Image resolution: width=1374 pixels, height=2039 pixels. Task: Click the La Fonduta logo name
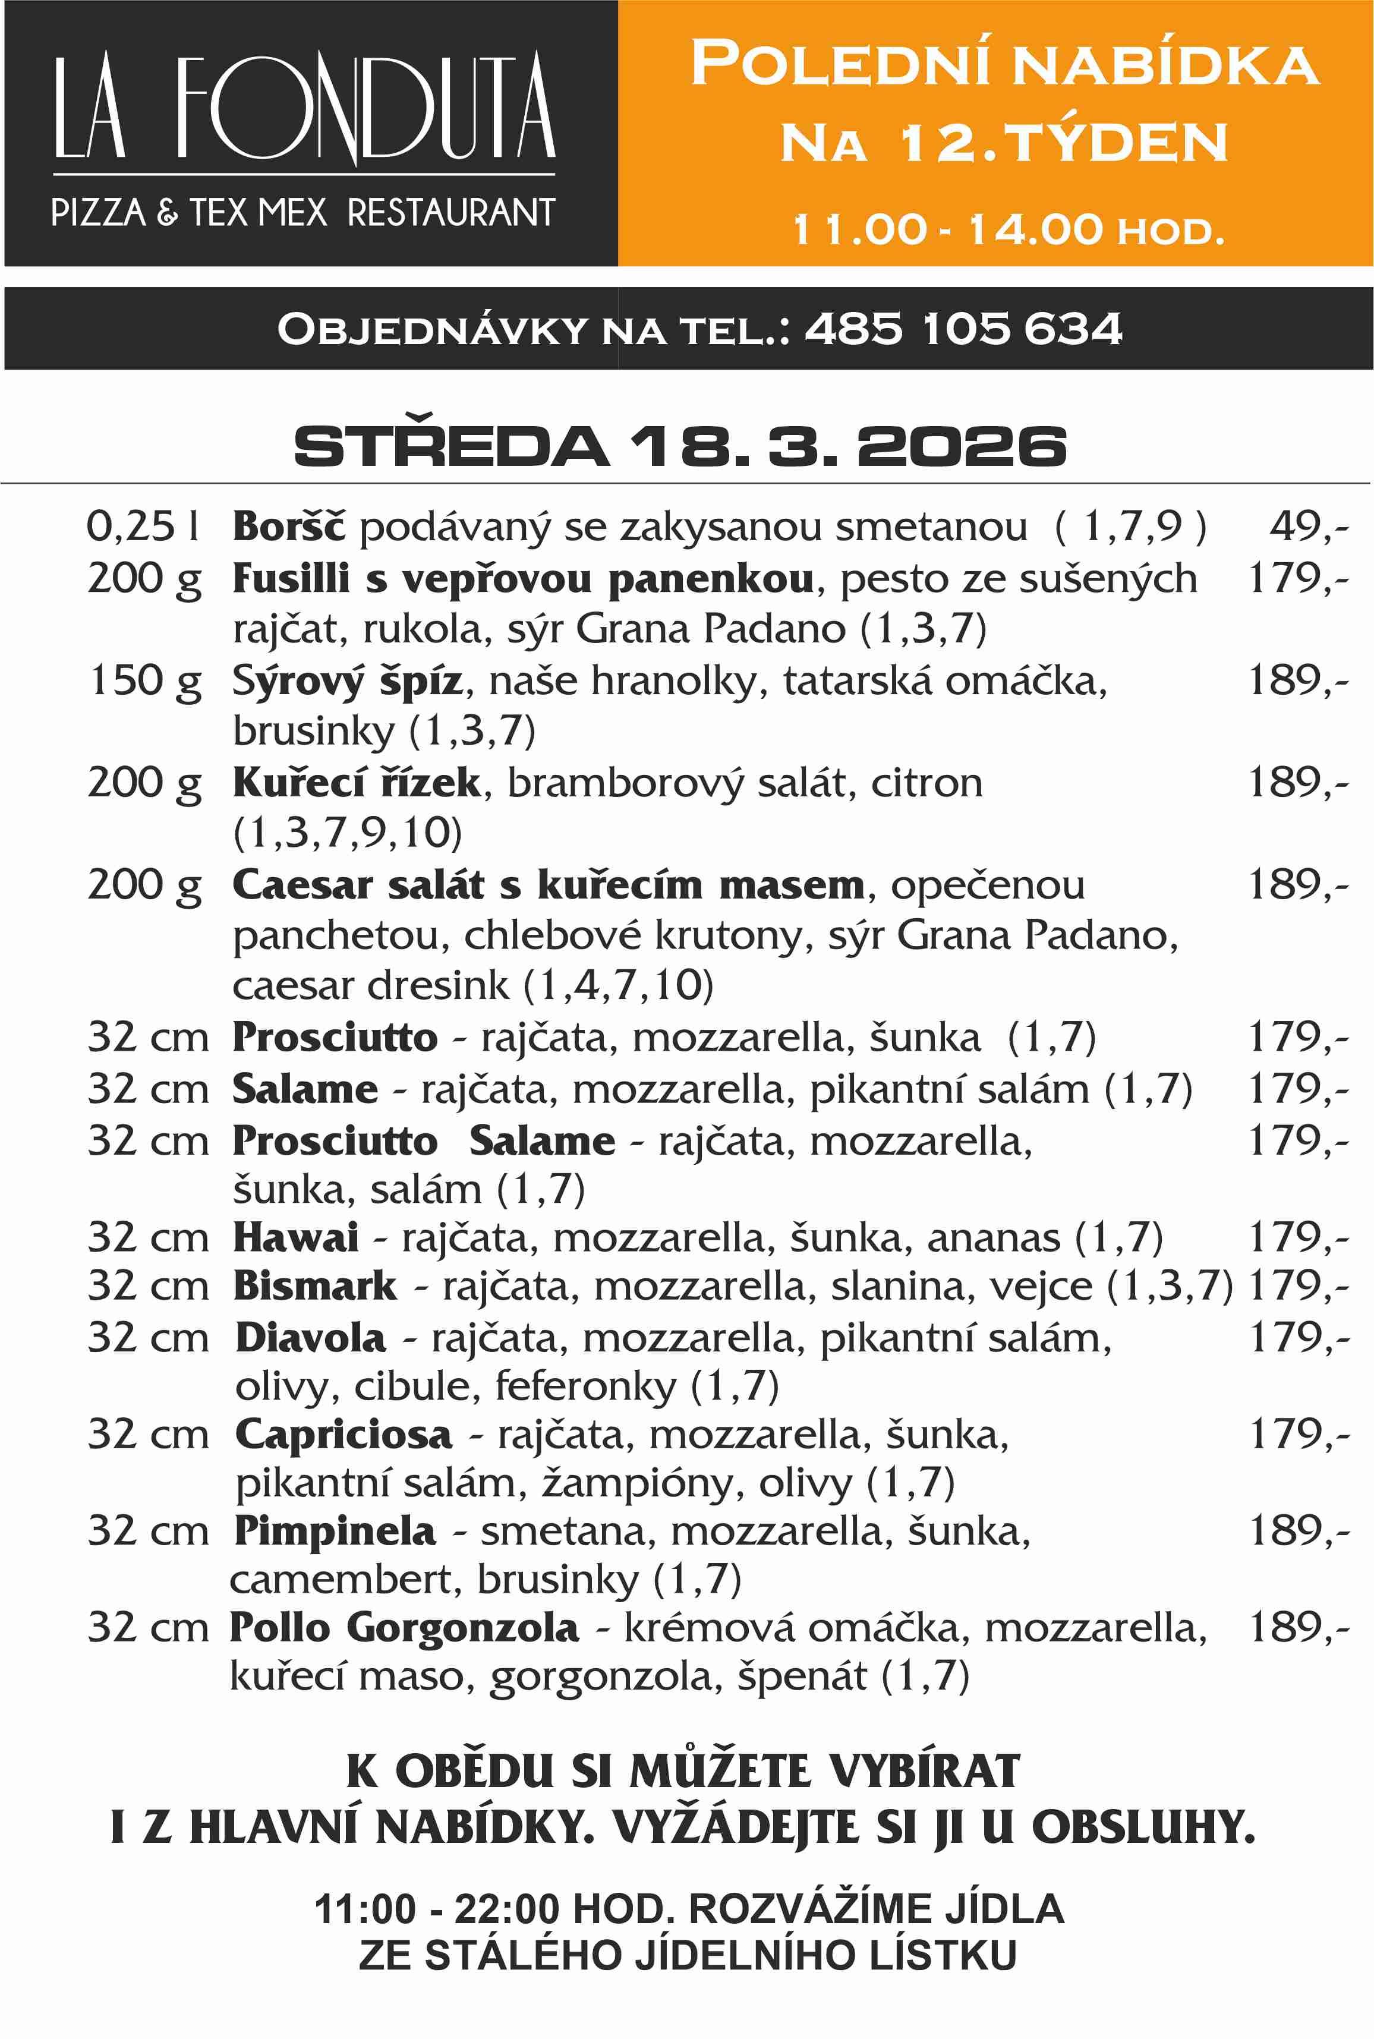pyautogui.click(x=304, y=107)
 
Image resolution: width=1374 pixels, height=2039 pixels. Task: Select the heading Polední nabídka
pyautogui.click(x=1004, y=64)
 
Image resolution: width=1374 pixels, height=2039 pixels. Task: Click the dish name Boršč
pyautogui.click(x=289, y=527)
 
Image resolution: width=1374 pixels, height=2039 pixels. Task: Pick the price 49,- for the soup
pyautogui.click(x=1308, y=526)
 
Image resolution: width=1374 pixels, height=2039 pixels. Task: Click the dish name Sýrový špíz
pyautogui.click(x=347, y=681)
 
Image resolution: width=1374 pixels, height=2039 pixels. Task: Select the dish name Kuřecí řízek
pyautogui.click(x=357, y=783)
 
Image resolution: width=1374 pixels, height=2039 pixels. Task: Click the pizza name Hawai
pyautogui.click(x=295, y=1238)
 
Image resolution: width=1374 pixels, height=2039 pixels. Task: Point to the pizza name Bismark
pyautogui.click(x=314, y=1286)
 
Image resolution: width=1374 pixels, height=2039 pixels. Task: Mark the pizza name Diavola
pyautogui.click(x=310, y=1338)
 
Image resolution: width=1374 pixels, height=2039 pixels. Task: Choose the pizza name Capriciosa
pyautogui.click(x=343, y=1435)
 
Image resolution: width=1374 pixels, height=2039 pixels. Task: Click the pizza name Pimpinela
pyautogui.click(x=335, y=1531)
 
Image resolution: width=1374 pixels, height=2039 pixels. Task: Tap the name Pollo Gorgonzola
pyautogui.click(x=404, y=1627)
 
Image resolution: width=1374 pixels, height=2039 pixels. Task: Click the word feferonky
pyautogui.click(x=585, y=1386)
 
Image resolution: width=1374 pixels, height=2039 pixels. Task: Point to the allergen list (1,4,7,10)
pyautogui.click(x=618, y=986)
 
